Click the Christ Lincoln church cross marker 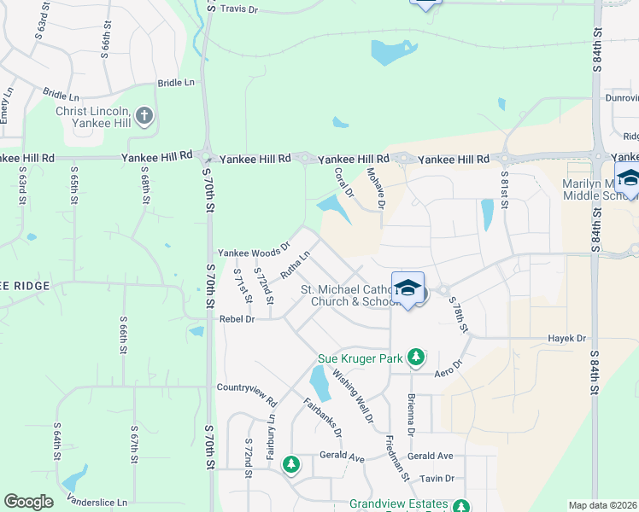point(144,114)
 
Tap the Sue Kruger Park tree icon point(416,357)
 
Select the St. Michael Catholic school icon point(408,288)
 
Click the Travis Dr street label point(238,9)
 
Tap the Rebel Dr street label point(237,318)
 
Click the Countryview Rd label point(247,387)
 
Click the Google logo point(28,502)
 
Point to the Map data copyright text point(602,505)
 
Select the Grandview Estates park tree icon point(461,506)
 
